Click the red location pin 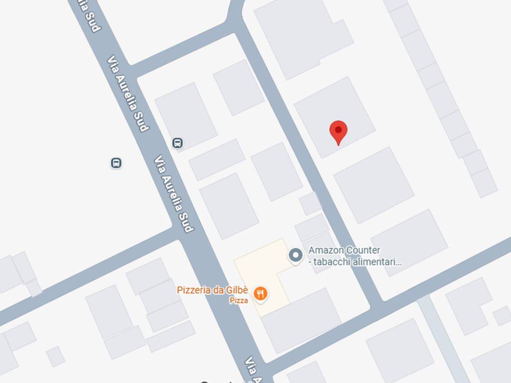338,132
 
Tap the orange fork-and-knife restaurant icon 259,294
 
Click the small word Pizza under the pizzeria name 239,301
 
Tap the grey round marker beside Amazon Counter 296,255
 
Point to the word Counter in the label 363,250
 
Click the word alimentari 376,262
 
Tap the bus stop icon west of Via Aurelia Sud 116,163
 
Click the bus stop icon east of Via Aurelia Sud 177,143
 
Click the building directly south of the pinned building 373,185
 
